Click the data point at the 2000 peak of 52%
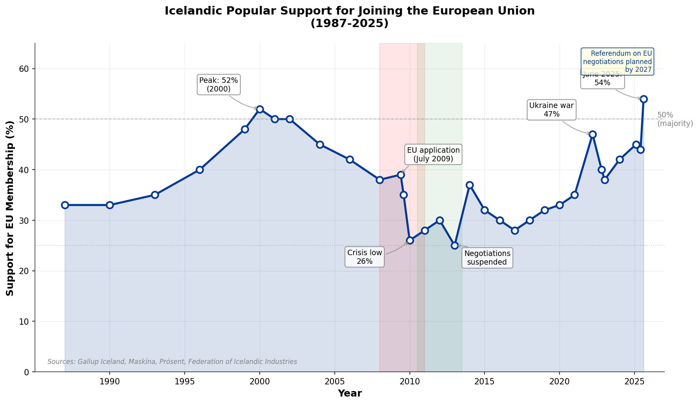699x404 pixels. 260,109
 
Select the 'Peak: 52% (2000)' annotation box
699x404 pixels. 218,84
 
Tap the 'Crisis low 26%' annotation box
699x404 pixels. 365,257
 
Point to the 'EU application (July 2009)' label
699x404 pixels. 433,155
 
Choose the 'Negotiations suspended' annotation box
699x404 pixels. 487,258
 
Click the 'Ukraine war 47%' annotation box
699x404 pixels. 551,110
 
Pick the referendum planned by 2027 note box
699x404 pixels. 617,62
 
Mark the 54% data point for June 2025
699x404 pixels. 644,99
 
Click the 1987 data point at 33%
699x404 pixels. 65,205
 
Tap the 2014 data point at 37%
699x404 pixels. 470,185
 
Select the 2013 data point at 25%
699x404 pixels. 455,245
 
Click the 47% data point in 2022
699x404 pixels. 593,134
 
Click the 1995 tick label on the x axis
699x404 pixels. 185,382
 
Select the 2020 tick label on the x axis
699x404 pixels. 560,382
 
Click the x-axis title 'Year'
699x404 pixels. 349,393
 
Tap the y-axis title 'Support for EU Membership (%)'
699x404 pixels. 10,208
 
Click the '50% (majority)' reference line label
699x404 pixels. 675,119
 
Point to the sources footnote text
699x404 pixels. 172,362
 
